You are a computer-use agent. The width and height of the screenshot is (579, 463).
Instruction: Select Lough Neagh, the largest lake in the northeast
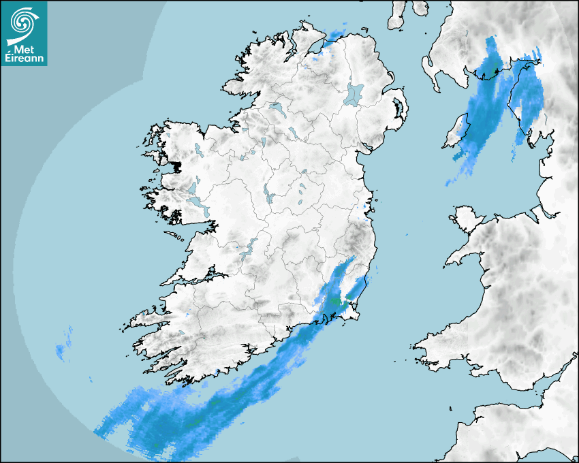[354, 93]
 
